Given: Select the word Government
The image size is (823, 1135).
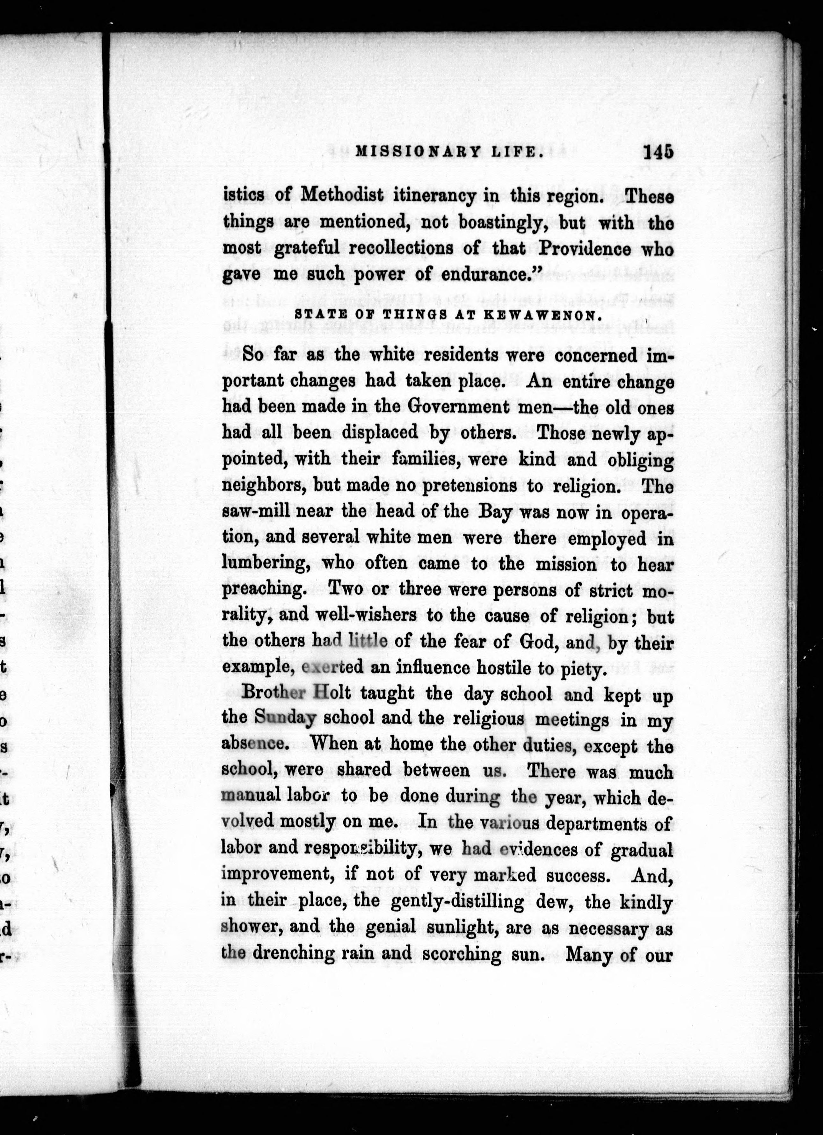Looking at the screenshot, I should (x=458, y=406).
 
